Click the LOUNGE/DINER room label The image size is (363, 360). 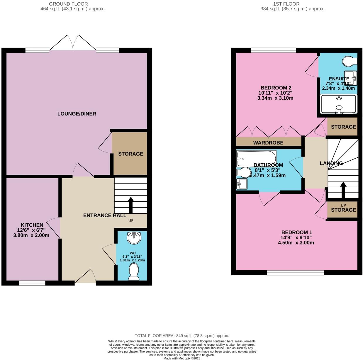point(77,114)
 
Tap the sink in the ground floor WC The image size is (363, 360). point(134,238)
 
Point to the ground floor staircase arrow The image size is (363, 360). point(131,204)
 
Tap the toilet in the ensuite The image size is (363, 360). point(350,61)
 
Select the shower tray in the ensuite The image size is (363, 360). point(339,104)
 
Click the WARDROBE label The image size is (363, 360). point(268,143)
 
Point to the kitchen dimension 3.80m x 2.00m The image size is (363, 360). point(31,235)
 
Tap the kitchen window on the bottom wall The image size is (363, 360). point(32,283)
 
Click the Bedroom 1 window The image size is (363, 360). point(295,273)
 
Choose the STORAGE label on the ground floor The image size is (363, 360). point(130,154)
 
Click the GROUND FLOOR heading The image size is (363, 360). point(68,4)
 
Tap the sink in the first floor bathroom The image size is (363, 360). point(242,184)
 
